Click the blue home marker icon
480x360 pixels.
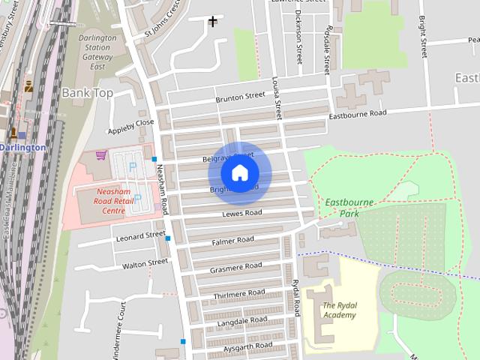click(x=239, y=172)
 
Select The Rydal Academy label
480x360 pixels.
click(x=340, y=310)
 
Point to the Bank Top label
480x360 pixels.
click(x=86, y=92)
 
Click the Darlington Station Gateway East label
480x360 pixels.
click(x=97, y=52)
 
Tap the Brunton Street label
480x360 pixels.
click(x=240, y=97)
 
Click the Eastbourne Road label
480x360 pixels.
click(x=358, y=113)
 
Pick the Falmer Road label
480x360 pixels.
click(x=233, y=241)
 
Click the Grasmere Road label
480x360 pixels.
click(x=235, y=267)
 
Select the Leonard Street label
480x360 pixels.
click(x=140, y=235)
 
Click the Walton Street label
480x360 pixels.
click(x=145, y=262)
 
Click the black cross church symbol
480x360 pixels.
click(x=213, y=21)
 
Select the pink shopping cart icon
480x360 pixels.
click(x=101, y=155)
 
